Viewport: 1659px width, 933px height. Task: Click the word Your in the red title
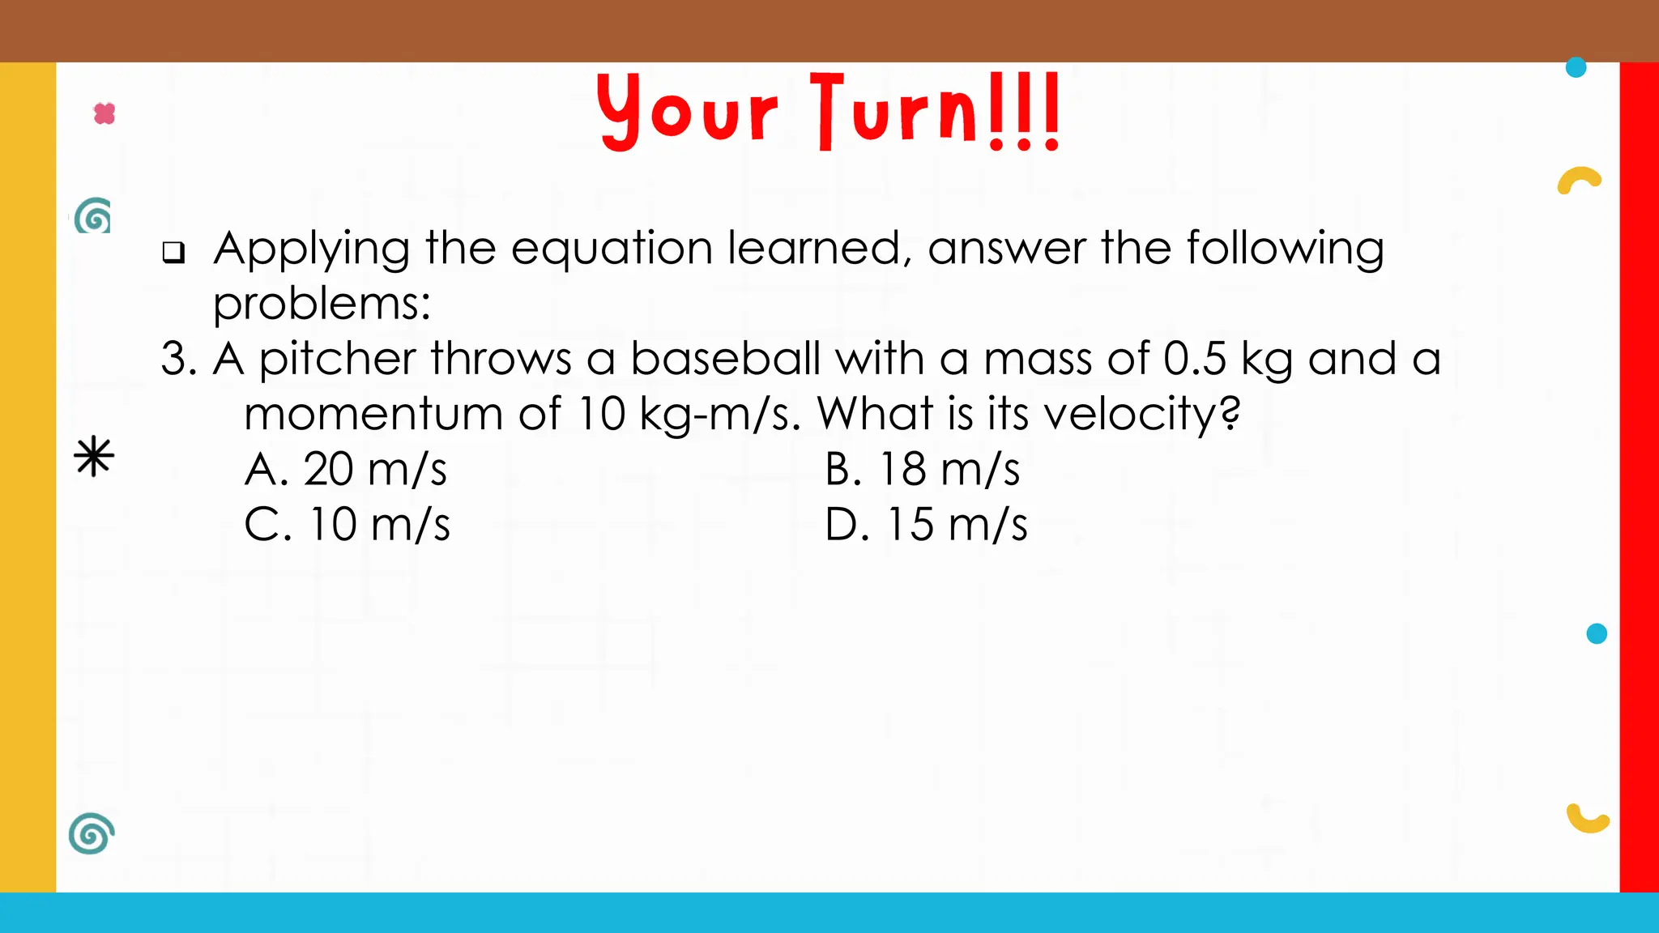tap(687, 112)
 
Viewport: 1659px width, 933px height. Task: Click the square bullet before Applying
tap(173, 253)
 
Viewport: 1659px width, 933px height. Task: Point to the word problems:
tap(322, 305)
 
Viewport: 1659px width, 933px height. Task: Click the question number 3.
tap(178, 358)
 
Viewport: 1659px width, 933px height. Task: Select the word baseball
tap(725, 358)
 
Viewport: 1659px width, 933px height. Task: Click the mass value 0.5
tap(1195, 358)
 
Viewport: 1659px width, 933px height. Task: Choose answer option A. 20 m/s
tap(346, 469)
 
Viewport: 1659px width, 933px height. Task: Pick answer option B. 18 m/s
tap(922, 469)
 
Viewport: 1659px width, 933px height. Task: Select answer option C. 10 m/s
tap(347, 524)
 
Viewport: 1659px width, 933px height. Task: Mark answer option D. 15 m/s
tap(926, 524)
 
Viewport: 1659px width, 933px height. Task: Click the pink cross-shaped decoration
tap(104, 113)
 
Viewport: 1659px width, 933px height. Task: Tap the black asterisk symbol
tap(94, 456)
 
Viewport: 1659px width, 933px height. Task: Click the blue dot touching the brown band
tap(1576, 67)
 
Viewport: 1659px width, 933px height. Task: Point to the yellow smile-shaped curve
tap(1587, 820)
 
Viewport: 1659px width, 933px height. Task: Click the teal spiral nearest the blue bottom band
tap(91, 833)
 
